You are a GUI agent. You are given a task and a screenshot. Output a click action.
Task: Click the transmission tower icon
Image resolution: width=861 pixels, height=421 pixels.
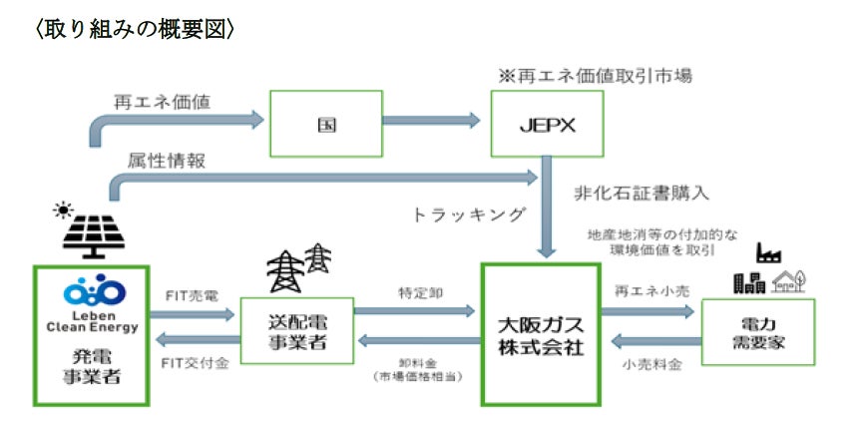point(297,267)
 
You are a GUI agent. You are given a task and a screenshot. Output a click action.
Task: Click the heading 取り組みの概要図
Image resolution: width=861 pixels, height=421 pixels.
point(135,30)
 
